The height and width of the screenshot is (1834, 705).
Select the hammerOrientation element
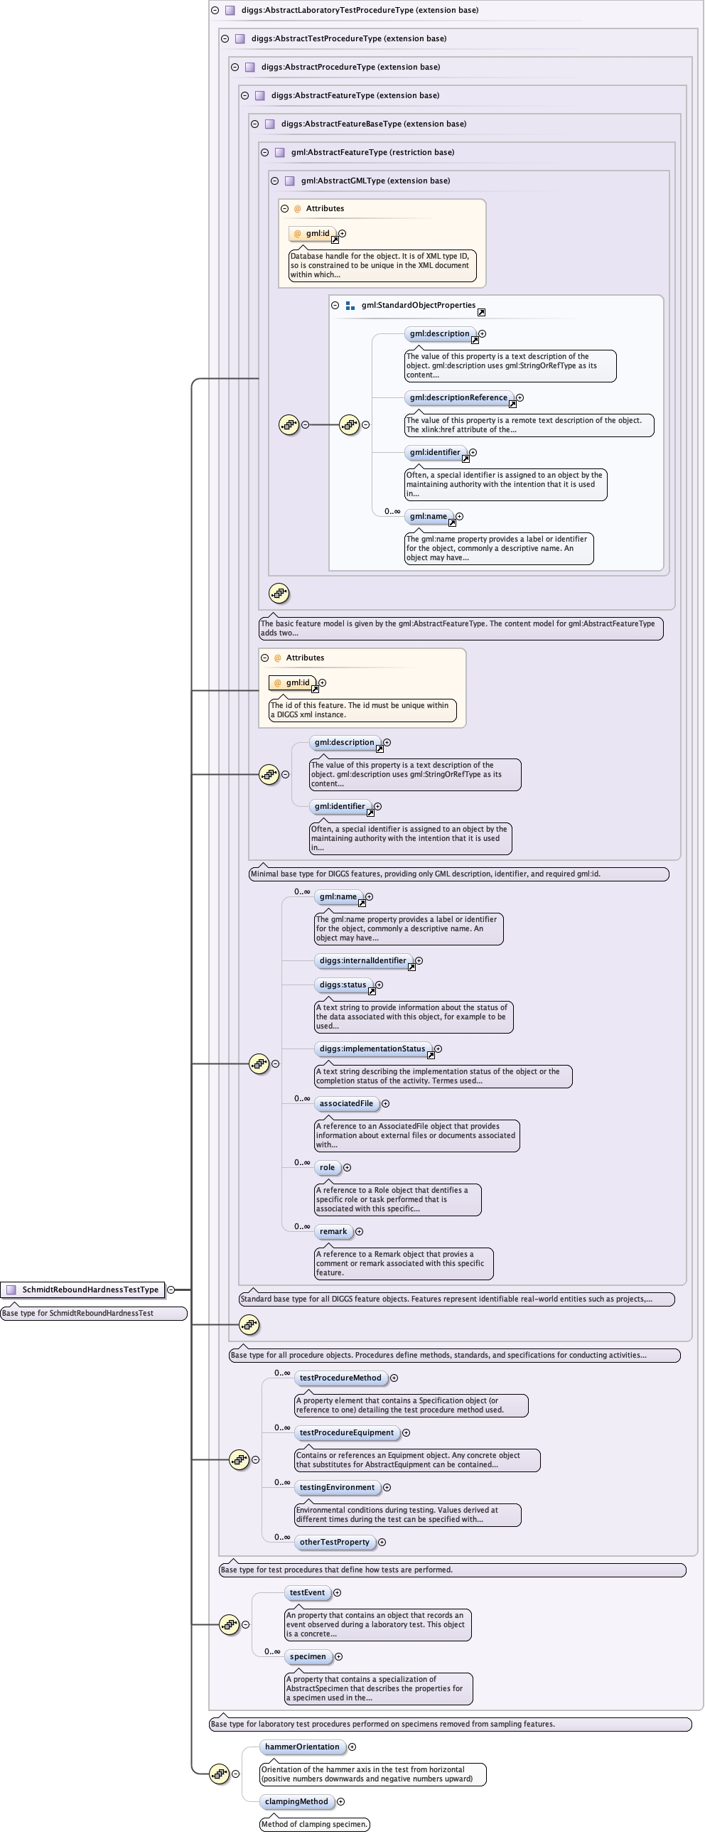point(302,1747)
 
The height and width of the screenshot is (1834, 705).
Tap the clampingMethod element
point(296,1801)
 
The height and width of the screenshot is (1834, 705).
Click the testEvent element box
point(307,1592)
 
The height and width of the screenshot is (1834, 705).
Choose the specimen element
point(308,1657)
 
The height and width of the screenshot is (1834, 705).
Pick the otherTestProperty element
point(334,1542)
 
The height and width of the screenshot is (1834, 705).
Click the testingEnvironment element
point(337,1487)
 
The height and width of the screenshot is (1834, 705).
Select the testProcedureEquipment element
point(346,1432)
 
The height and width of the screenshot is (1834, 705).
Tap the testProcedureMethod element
point(340,1378)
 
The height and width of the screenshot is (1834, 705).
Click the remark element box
point(333,1231)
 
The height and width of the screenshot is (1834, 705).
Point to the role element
point(327,1167)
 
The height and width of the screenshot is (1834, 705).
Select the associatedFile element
point(346,1103)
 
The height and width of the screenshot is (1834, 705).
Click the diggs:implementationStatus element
point(372,1049)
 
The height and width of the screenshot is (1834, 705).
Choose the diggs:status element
point(343,985)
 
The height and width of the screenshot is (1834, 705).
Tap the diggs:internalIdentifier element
point(362,960)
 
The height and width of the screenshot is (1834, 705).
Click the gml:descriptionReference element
point(458,397)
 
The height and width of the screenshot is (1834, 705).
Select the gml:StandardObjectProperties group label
point(418,306)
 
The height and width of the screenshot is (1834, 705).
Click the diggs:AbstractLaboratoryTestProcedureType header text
point(360,10)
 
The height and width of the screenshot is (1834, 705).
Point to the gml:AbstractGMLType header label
point(375,181)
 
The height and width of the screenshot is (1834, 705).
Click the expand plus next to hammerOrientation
point(352,1747)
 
